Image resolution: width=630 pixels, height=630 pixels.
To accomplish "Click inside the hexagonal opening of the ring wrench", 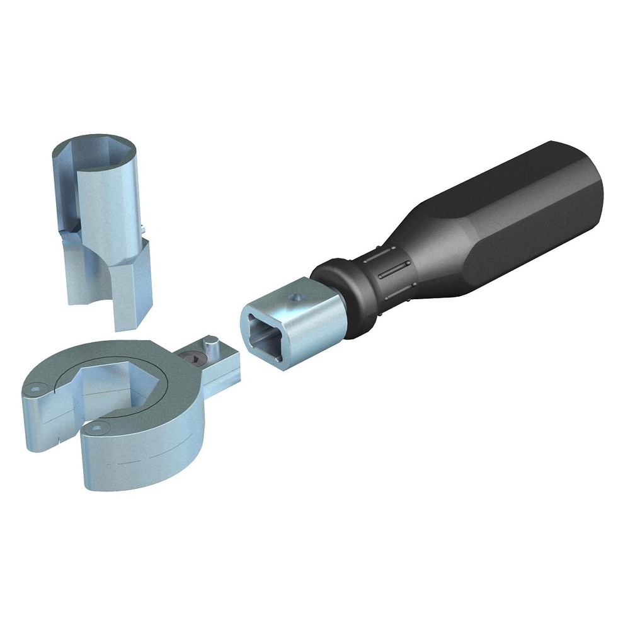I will (x=113, y=384).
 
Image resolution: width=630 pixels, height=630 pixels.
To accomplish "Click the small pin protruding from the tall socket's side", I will (x=144, y=228).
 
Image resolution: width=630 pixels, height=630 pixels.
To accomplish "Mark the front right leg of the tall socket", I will (x=132, y=290).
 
